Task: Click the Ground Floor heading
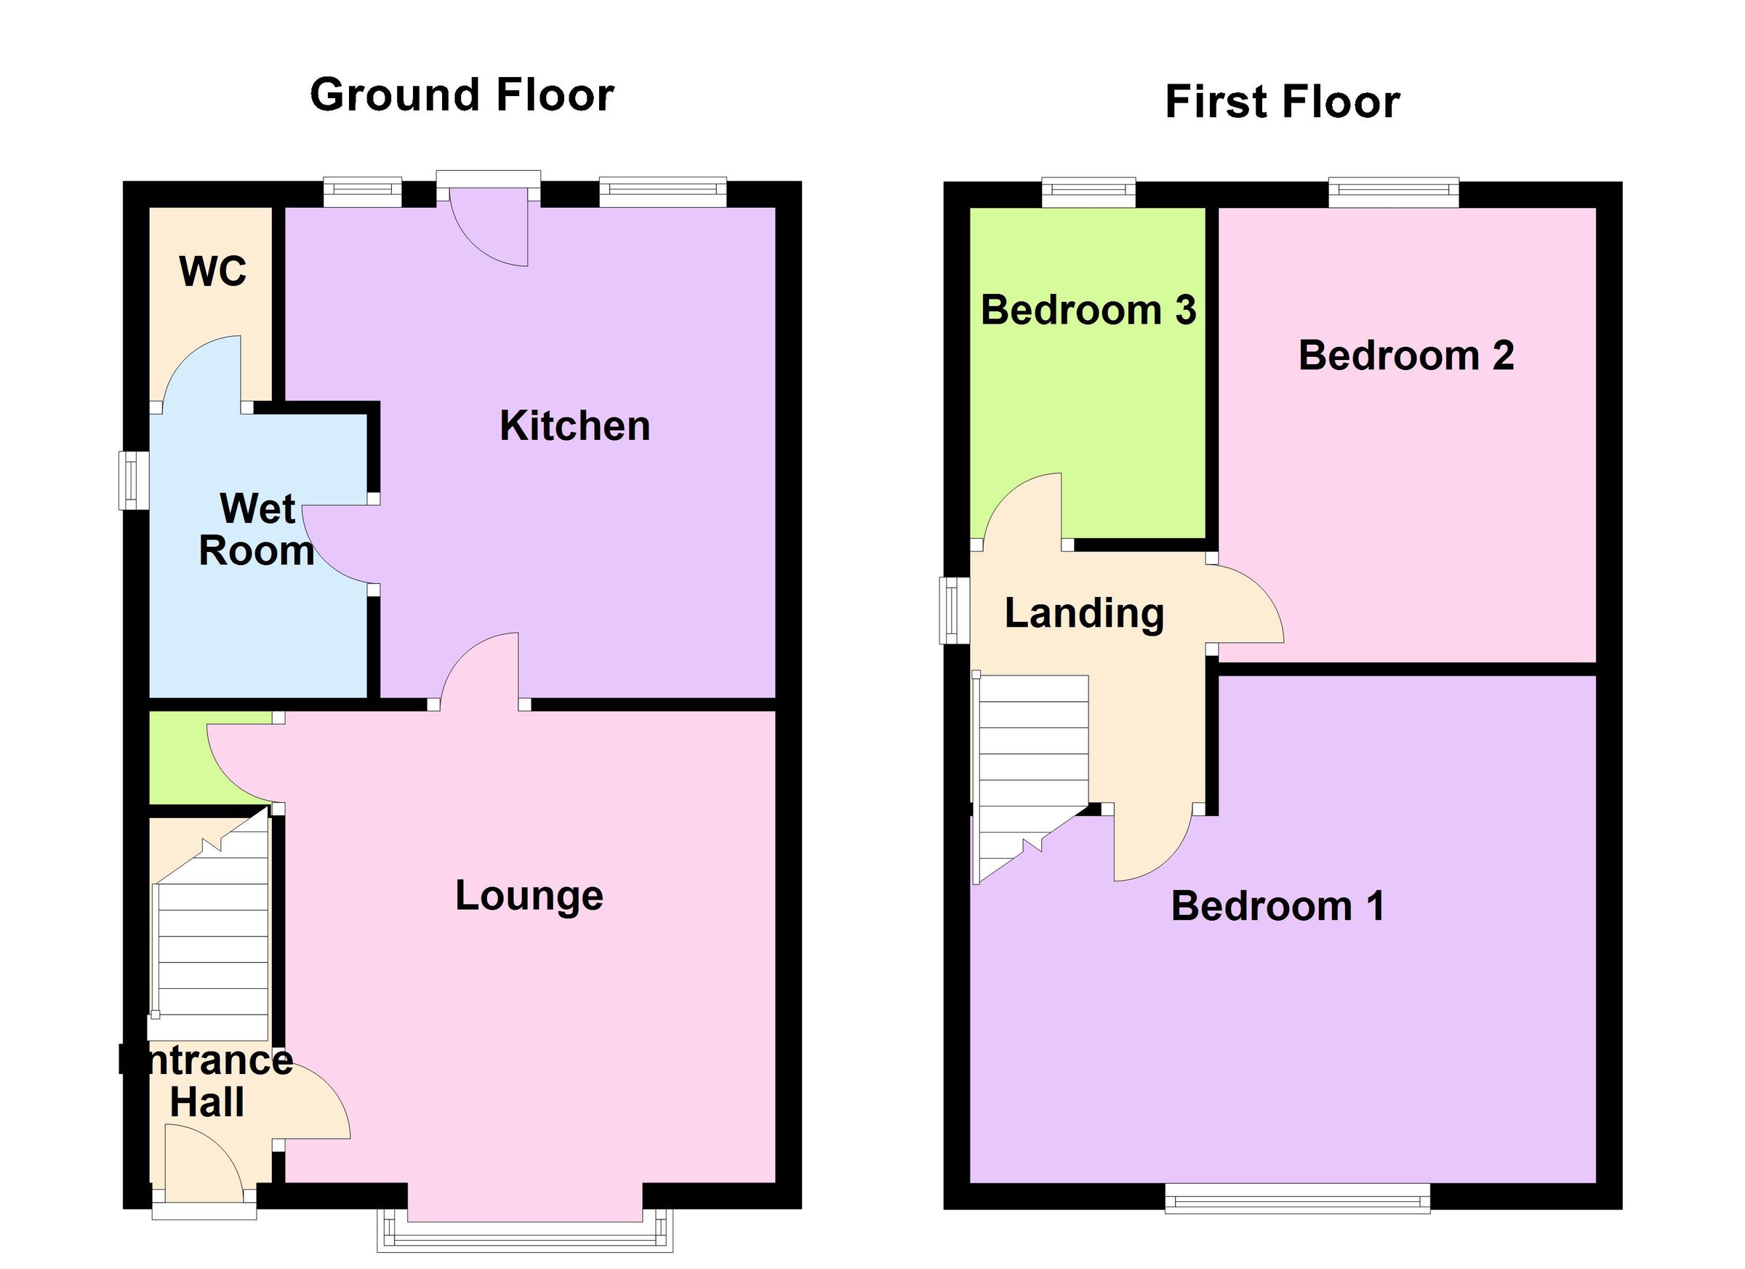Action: coord(462,95)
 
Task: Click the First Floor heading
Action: coord(1282,103)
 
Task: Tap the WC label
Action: coord(212,271)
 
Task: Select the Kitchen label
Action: coord(574,426)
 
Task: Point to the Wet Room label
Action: coord(257,530)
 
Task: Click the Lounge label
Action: coord(529,896)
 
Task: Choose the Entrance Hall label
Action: coord(206,1081)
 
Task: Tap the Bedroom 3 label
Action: coord(1088,310)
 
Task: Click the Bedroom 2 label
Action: coord(1405,356)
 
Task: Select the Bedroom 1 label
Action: coord(1277,907)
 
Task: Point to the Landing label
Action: coord(1084,614)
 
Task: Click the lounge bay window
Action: coord(525,1238)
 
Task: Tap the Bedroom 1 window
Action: coord(1297,1198)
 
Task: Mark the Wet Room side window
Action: coord(133,480)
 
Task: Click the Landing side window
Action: coord(954,610)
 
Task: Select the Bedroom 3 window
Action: coord(1088,193)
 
